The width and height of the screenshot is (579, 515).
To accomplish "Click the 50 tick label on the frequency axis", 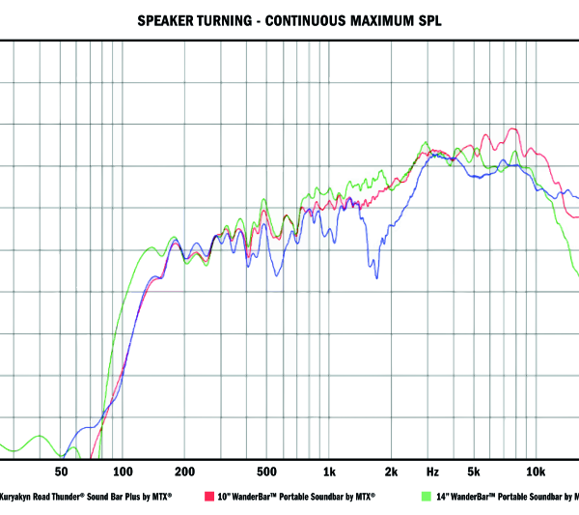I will pos(61,472).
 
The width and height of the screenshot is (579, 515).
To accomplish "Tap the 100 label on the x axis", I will pos(123,472).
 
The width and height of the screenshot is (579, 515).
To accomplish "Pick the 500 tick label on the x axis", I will pos(267,472).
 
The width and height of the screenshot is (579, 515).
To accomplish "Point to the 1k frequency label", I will pos(329,472).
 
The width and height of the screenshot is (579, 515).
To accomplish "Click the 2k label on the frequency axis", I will pos(391,472).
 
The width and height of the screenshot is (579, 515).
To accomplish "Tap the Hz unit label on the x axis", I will pos(432,472).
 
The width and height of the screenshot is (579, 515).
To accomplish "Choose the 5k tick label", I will pos(474,472).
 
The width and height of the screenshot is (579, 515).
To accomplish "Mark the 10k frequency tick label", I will pos(535,472).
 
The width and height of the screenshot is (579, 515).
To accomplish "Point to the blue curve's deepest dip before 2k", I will pos(376,277).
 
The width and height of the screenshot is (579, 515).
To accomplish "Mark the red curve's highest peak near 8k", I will pos(514,129).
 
